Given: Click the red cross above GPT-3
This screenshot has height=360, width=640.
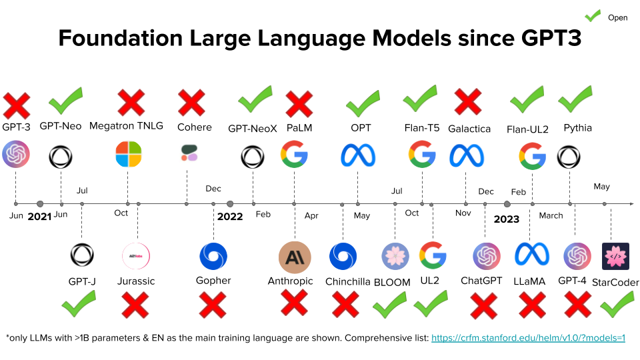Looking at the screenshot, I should [x=16, y=106].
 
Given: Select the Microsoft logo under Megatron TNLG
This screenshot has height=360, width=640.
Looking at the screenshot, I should [x=128, y=154].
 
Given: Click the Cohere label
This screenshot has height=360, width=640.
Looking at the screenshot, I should [x=194, y=127].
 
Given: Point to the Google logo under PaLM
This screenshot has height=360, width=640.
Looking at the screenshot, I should [x=294, y=154].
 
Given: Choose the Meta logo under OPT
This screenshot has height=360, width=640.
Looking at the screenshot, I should [x=358, y=155].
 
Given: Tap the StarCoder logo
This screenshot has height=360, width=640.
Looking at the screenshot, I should [x=615, y=256].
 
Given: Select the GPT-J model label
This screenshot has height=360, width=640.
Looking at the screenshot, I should [x=82, y=281].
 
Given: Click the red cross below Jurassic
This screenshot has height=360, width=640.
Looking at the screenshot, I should [x=135, y=305].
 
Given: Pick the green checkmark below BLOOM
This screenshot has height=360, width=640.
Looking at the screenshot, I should [x=390, y=306].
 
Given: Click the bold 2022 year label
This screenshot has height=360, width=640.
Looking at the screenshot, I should [x=230, y=217].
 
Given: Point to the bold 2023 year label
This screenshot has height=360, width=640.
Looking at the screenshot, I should [x=507, y=218].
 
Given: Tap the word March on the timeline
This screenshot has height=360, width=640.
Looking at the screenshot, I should [x=551, y=215].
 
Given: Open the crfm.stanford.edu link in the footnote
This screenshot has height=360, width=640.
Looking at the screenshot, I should [x=528, y=338].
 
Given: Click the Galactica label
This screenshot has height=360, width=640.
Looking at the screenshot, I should [x=469, y=129].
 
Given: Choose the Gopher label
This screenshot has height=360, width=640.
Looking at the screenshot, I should [x=213, y=281].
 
